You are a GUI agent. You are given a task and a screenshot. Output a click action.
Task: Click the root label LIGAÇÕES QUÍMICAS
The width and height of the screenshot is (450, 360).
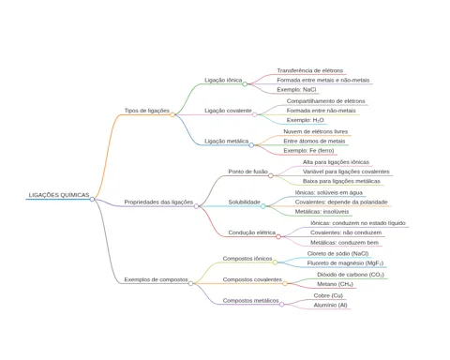click(59, 195)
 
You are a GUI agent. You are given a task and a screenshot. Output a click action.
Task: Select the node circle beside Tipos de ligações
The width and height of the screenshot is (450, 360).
click(172, 114)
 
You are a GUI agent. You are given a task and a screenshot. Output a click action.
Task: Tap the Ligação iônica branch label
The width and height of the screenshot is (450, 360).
click(223, 80)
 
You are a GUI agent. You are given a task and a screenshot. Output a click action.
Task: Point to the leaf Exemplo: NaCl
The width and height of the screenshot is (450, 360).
click(296, 90)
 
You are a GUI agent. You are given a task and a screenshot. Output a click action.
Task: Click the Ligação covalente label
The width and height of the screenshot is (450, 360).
click(228, 111)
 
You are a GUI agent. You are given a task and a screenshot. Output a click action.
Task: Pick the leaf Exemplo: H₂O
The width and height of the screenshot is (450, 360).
click(305, 120)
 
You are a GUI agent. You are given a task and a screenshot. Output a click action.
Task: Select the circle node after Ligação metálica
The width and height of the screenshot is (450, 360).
click(251, 145)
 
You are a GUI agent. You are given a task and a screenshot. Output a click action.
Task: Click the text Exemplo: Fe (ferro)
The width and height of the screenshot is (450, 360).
click(308, 151)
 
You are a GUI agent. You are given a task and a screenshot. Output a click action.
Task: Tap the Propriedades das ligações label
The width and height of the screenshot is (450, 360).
click(158, 202)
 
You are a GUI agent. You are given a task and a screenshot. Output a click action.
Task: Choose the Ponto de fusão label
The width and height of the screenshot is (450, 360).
click(247, 172)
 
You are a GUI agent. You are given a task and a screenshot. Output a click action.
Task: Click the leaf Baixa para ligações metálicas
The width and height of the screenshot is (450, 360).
click(341, 181)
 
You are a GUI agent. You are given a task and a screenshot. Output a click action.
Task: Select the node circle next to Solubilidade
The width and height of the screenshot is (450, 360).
click(262, 206)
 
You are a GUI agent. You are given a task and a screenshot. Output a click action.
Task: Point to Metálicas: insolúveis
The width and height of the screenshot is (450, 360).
click(322, 212)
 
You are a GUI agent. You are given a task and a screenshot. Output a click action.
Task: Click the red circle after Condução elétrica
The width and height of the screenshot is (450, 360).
click(278, 236)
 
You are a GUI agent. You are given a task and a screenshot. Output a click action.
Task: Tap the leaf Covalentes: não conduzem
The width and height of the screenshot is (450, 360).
click(346, 232)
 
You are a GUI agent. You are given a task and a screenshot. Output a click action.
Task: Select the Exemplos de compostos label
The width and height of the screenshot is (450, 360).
click(156, 279)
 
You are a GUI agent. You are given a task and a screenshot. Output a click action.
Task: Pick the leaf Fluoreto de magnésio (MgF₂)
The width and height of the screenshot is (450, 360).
click(345, 263)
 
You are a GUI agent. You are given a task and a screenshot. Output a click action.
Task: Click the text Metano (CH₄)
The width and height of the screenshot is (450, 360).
click(335, 284)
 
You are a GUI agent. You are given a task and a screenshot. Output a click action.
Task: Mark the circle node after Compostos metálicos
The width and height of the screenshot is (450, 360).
click(281, 305)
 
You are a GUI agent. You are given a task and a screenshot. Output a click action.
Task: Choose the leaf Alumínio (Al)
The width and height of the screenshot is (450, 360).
click(330, 306)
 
